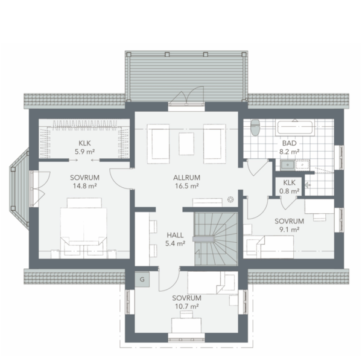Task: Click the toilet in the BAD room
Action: coord(255,127)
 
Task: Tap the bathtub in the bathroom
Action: coord(295,127)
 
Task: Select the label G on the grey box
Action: coord(142,279)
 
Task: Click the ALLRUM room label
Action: coord(186,178)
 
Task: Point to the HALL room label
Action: coord(175,235)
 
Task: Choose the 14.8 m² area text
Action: coord(84,186)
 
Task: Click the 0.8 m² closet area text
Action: coord(289,191)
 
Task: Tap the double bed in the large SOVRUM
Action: coord(84,228)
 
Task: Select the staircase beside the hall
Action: coord(216,239)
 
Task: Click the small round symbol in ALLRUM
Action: coord(230,199)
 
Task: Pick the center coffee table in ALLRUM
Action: coord(186,144)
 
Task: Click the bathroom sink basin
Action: coord(288,165)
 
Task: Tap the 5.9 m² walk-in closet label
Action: coord(84,152)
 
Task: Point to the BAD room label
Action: coord(289,143)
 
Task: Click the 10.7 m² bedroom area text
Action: coord(187,306)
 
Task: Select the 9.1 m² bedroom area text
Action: coord(289,230)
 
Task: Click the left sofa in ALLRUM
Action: coord(158,144)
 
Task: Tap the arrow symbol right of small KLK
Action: coord(308,185)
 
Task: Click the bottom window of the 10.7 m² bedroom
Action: coord(186,338)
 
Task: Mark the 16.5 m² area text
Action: coord(187,186)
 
